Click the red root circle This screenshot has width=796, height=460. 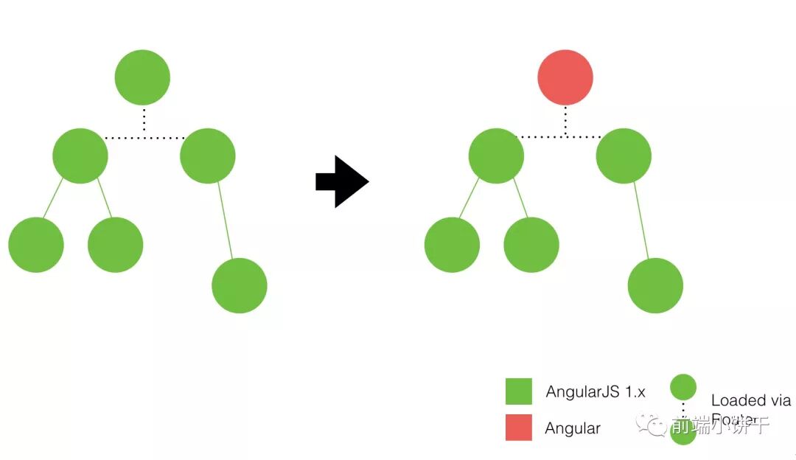(565, 77)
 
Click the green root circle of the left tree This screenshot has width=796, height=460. (142, 77)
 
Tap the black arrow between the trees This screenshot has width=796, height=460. (341, 181)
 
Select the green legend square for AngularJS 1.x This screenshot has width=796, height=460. (519, 391)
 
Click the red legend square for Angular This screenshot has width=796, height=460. (519, 428)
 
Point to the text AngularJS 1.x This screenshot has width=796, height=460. (595, 392)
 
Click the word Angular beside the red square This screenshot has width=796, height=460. (573, 428)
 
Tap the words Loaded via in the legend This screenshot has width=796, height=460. (750, 400)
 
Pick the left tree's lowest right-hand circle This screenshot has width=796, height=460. (239, 285)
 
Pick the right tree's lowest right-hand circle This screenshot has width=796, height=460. (655, 285)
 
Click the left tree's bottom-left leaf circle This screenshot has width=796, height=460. (36, 245)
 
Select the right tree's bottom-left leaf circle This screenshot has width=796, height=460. (452, 245)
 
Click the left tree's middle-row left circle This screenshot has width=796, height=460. (80, 156)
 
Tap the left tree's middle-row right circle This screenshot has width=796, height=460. (208, 156)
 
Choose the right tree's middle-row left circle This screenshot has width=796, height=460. (496, 156)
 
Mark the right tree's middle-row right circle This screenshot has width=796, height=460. (624, 156)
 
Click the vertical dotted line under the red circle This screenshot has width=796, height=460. (565, 120)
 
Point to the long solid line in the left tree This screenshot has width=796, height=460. (225, 220)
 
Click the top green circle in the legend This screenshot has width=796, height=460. (683, 387)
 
